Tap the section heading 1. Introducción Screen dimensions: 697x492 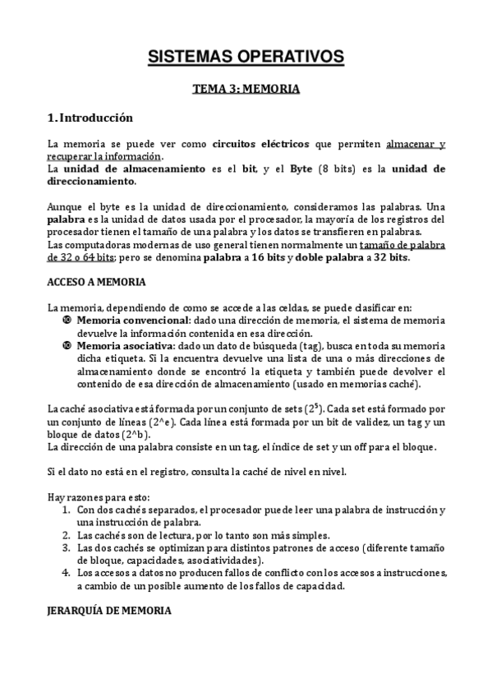tap(90, 118)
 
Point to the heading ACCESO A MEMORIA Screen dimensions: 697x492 tap(97, 282)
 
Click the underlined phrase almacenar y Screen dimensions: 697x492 tap(415, 144)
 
